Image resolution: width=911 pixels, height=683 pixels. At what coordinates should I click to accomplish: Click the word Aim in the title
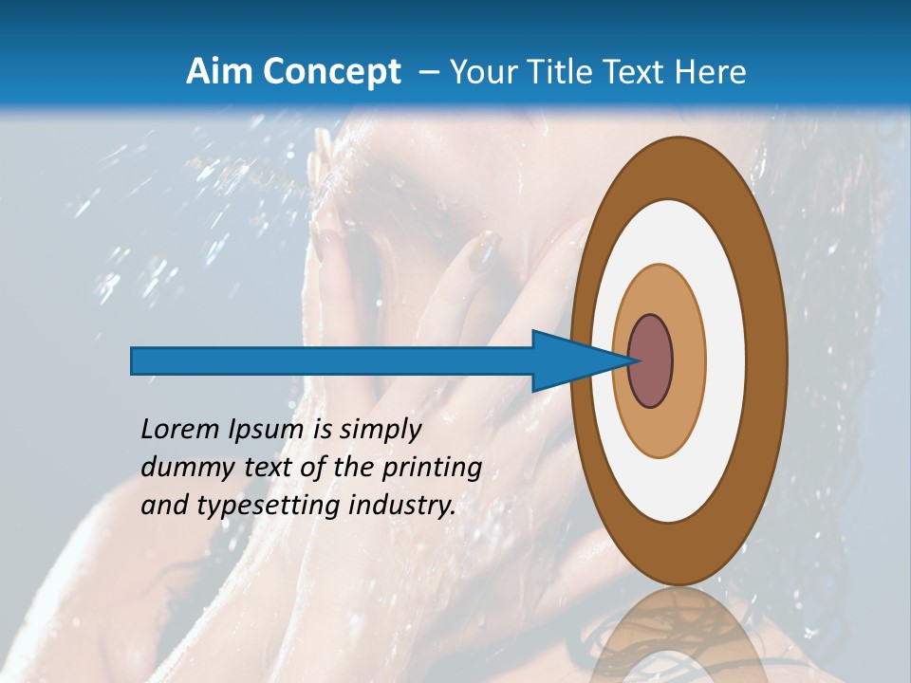(216, 71)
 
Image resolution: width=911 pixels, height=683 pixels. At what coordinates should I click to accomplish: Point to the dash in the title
(428, 73)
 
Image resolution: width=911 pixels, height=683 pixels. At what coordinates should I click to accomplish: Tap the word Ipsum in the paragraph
(266, 431)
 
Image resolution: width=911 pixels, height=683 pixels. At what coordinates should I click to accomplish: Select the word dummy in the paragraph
(179, 468)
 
